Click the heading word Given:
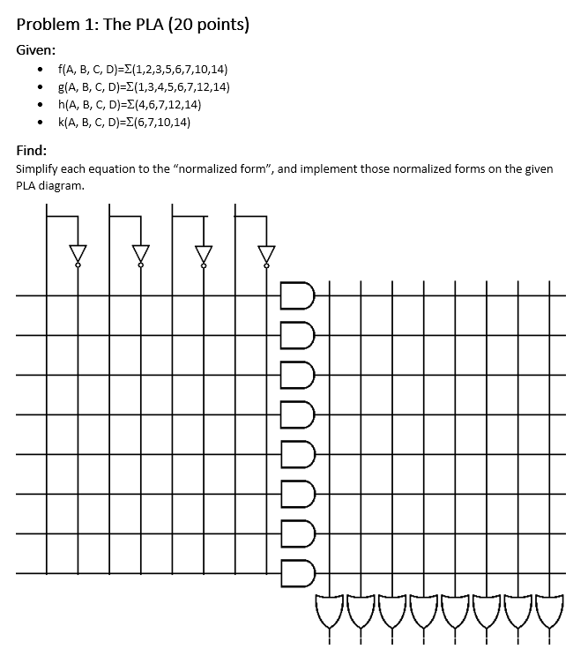point(35,49)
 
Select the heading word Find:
point(32,150)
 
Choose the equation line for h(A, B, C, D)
point(130,104)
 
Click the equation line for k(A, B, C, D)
point(123,122)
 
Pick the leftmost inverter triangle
point(78,253)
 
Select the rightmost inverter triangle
point(265,253)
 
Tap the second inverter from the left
point(140,253)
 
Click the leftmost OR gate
point(329,611)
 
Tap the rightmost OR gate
point(551,611)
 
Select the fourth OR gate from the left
point(424,611)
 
